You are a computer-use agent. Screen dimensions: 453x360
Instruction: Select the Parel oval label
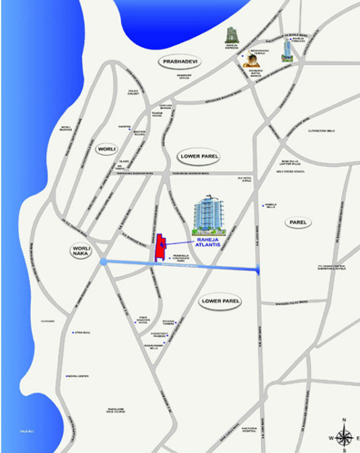pyautogui.click(x=295, y=222)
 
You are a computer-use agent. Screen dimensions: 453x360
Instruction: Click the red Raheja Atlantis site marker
pyautogui.click(x=160, y=249)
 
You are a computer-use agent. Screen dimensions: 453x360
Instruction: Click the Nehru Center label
pyautogui.click(x=79, y=376)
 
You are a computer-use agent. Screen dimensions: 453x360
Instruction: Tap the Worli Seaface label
pyautogui.click(x=66, y=128)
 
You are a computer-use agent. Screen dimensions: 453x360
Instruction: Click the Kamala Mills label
pyautogui.click(x=270, y=206)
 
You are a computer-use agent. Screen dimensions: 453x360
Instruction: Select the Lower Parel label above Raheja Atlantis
pyautogui.click(x=200, y=156)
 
